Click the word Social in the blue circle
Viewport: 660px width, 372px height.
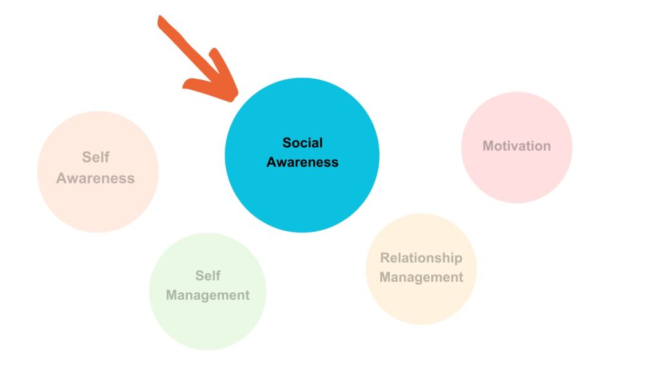[302, 143]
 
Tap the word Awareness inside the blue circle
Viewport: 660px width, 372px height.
[302, 162]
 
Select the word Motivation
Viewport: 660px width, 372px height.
[516, 146]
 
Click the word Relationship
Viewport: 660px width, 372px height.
[421, 258]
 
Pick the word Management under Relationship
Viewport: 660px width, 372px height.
[421, 278]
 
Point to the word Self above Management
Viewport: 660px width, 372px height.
[208, 276]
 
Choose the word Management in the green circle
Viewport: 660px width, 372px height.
[208, 295]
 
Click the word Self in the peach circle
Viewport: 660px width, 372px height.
[95, 158]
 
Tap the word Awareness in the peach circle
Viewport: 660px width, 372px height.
[95, 178]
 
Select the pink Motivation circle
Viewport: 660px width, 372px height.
[516, 147]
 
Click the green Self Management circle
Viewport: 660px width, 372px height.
[208, 291]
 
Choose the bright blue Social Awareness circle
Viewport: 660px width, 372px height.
[302, 155]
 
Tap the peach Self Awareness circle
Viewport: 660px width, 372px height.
[98, 172]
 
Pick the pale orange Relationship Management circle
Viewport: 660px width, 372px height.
[421, 269]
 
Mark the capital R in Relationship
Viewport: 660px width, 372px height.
[385, 258]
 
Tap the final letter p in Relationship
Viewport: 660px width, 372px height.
[458, 260]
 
